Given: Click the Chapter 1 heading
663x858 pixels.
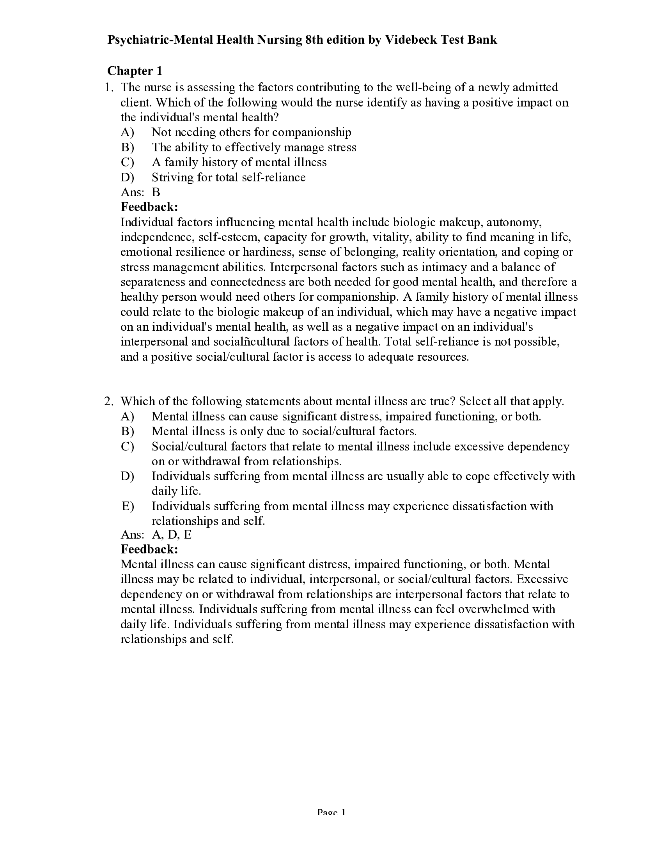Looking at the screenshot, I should (x=134, y=71).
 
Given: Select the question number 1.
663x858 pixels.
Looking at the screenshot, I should (x=108, y=87).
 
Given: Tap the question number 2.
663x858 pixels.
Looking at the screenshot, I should (x=108, y=401).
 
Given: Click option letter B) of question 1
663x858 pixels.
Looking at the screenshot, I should (x=127, y=147).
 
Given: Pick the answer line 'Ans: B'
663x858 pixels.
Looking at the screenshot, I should (x=140, y=192).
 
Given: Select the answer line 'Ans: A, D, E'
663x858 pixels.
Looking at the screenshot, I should (x=156, y=535).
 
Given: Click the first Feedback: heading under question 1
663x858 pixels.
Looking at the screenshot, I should (x=149, y=207).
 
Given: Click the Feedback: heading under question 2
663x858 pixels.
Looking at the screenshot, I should (x=149, y=549).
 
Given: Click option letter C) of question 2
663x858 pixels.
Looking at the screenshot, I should (x=127, y=447).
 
